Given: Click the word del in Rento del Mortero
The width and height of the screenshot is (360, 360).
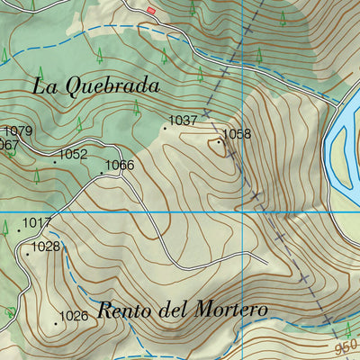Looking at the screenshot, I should point(170,310).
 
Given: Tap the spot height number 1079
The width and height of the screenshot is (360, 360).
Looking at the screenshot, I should point(17,131).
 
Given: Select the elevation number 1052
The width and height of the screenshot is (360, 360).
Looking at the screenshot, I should point(73,155).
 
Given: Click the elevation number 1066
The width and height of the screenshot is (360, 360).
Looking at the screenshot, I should point(119,166).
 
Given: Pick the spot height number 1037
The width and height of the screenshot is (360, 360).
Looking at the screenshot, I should point(183,121).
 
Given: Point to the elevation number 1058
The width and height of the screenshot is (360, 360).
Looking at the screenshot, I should point(237,135).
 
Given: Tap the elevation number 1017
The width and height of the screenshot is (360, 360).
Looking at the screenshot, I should point(38,223).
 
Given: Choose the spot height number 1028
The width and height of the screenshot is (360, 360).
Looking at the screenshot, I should point(45,247).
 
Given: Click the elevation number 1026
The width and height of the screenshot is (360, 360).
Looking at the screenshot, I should point(74,316).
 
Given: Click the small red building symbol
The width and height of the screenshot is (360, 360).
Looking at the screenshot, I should point(151,10).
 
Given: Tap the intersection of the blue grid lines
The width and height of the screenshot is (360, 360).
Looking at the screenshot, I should point(243,213).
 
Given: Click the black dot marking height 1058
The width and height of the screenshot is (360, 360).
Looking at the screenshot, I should point(218,140).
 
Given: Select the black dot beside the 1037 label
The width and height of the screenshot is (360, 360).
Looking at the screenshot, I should point(165,128).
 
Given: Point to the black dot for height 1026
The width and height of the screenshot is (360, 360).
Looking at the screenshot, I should point(57,322).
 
